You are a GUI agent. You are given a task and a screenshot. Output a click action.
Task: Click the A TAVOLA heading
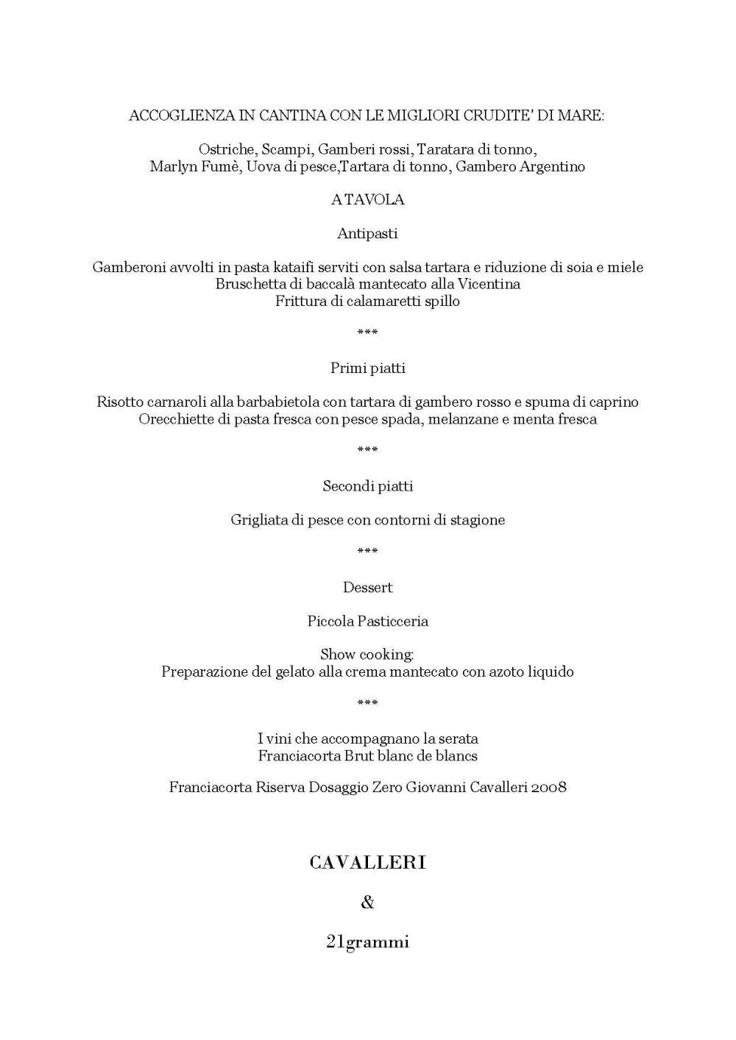[367, 199]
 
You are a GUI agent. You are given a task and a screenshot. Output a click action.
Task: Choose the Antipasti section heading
[367, 233]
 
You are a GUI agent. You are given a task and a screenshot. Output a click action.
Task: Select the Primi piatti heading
[367, 368]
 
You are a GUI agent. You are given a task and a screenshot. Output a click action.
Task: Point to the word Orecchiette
[174, 419]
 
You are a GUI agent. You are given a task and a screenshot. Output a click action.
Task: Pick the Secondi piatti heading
[367, 486]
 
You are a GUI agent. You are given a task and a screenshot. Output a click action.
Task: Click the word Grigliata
[259, 520]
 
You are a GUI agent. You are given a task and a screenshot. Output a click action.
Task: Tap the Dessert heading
[367, 587]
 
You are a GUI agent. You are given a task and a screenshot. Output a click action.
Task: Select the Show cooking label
[367, 654]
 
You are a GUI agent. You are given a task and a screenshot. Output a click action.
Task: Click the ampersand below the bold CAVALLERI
[367, 902]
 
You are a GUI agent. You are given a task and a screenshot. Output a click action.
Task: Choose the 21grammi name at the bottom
[367, 941]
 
